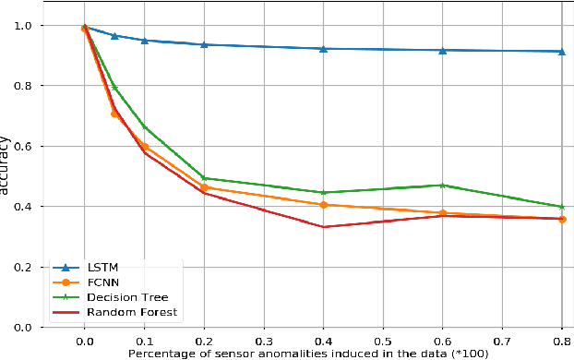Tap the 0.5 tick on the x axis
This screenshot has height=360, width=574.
point(383,340)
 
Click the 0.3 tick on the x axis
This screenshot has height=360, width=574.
point(264,340)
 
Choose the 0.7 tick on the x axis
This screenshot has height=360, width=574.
point(502,340)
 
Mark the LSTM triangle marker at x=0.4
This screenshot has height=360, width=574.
point(323,48)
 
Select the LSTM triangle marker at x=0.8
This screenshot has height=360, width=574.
point(561,51)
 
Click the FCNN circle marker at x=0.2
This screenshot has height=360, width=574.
point(204,187)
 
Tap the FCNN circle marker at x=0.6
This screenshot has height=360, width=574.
point(442,213)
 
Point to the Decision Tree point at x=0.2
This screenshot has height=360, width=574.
point(204,178)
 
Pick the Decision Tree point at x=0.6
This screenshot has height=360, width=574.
point(442,185)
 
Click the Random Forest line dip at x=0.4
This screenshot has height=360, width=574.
point(323,226)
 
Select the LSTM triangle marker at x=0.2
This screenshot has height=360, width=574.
point(204,44)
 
